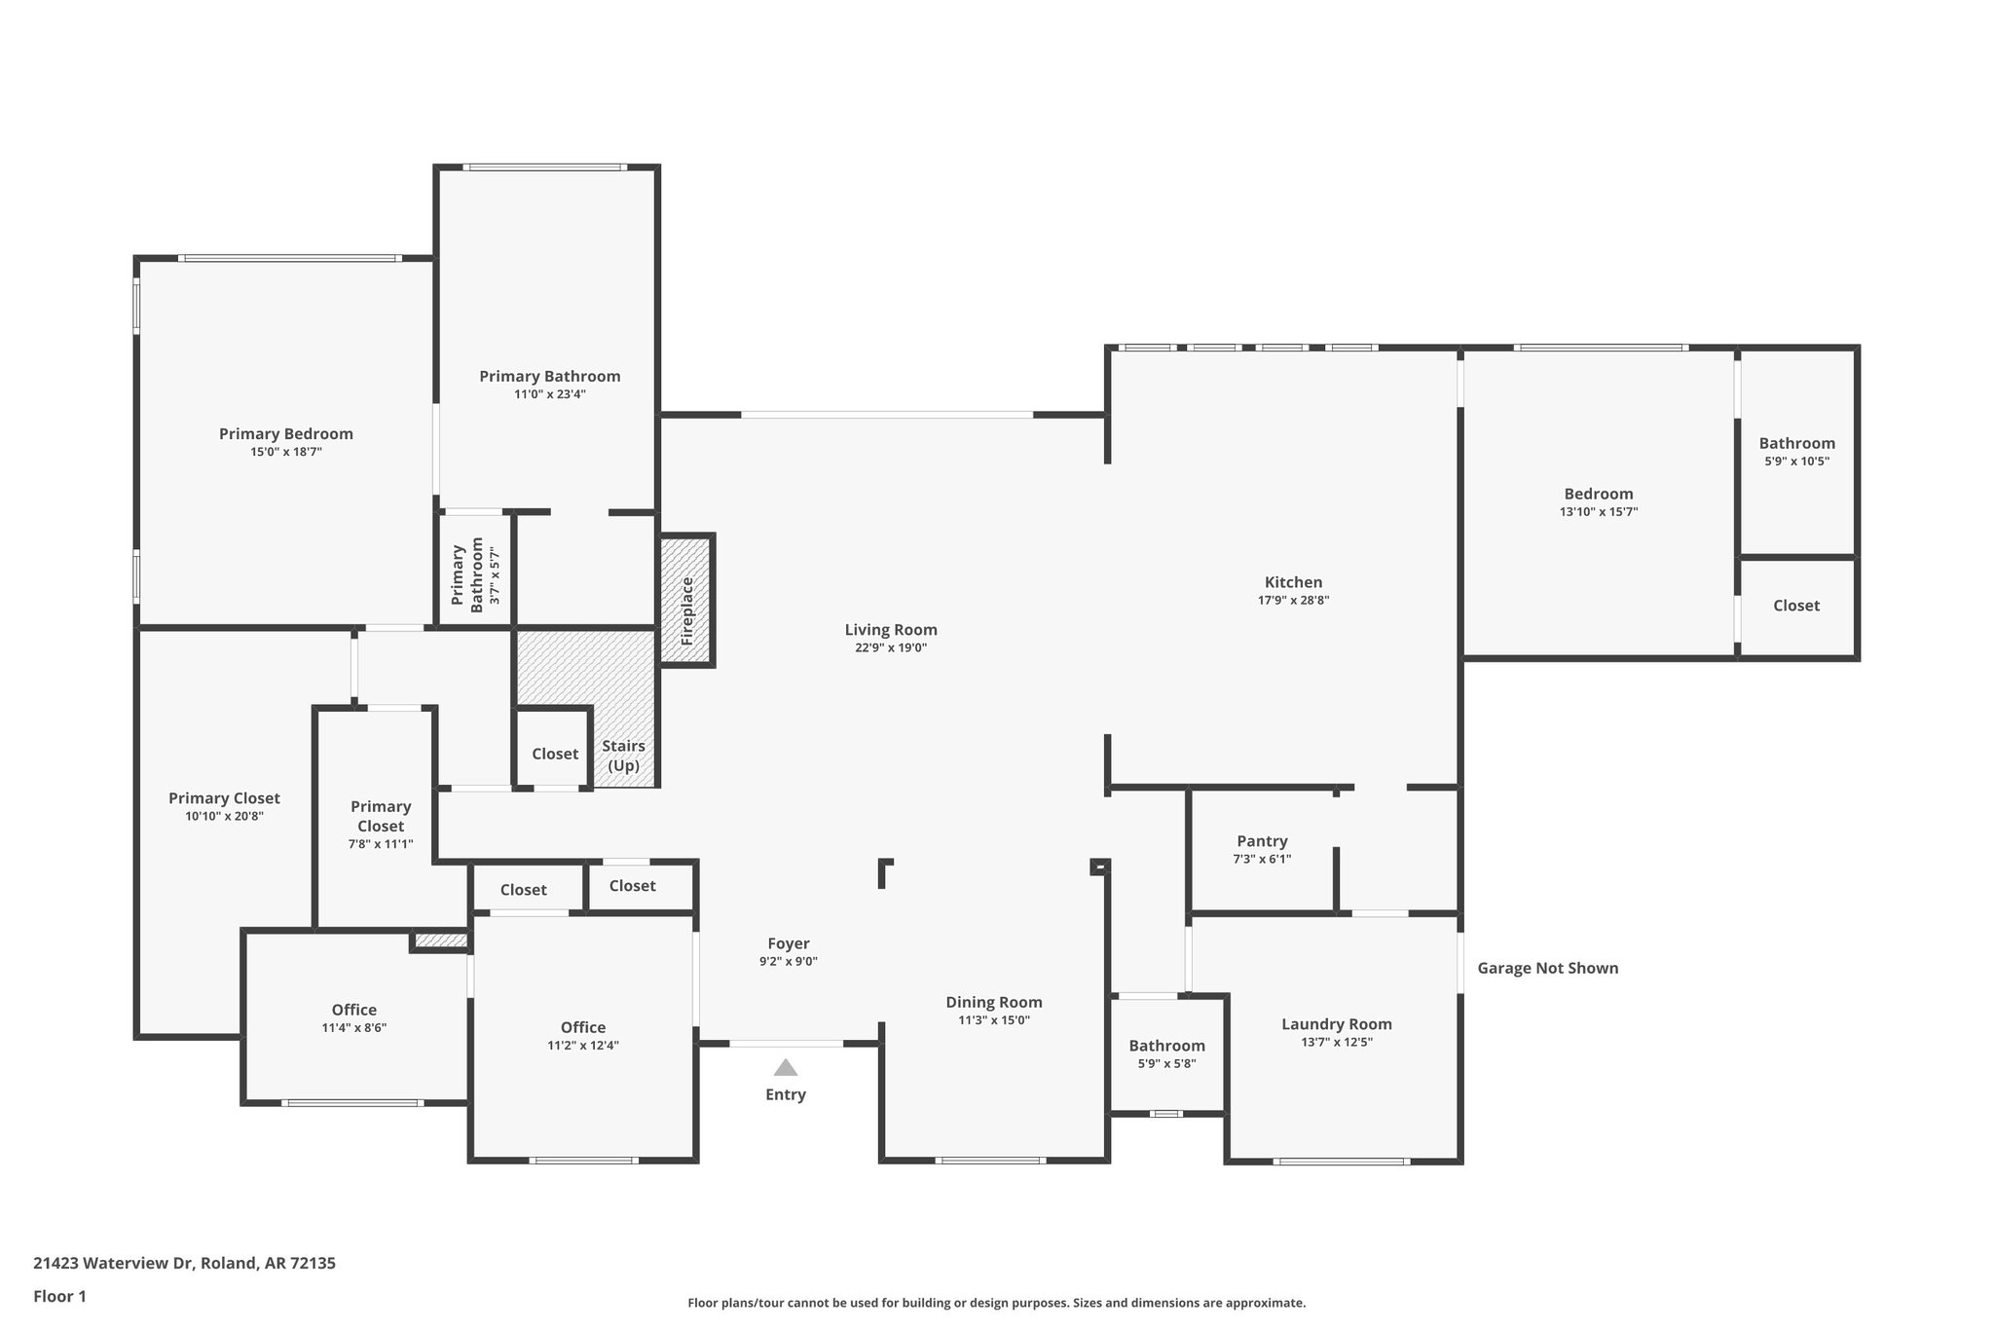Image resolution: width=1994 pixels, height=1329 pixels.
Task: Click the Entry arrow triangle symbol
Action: point(786,1068)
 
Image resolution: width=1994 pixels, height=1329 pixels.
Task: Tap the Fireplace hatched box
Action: point(687,601)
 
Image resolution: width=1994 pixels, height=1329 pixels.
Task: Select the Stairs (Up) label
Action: point(623,756)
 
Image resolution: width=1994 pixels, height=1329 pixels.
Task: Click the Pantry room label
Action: point(1262,841)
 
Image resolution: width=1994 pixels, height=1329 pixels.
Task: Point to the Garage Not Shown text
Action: point(1547,968)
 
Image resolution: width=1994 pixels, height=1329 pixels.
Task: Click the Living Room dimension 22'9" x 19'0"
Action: point(890,647)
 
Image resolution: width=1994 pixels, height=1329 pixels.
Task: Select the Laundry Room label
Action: point(1336,1024)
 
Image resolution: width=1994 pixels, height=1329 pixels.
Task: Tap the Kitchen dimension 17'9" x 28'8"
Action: point(1293,601)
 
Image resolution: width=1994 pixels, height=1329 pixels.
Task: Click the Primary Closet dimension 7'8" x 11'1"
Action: point(381,844)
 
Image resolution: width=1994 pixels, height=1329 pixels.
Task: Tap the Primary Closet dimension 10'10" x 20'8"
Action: point(224,817)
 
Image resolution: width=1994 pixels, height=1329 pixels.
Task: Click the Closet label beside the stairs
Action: point(555,754)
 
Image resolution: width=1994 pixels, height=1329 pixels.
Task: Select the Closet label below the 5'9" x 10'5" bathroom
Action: point(1795,606)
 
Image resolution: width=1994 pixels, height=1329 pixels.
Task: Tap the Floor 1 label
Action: point(59,1297)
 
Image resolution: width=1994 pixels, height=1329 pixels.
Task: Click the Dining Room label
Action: point(993,1003)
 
